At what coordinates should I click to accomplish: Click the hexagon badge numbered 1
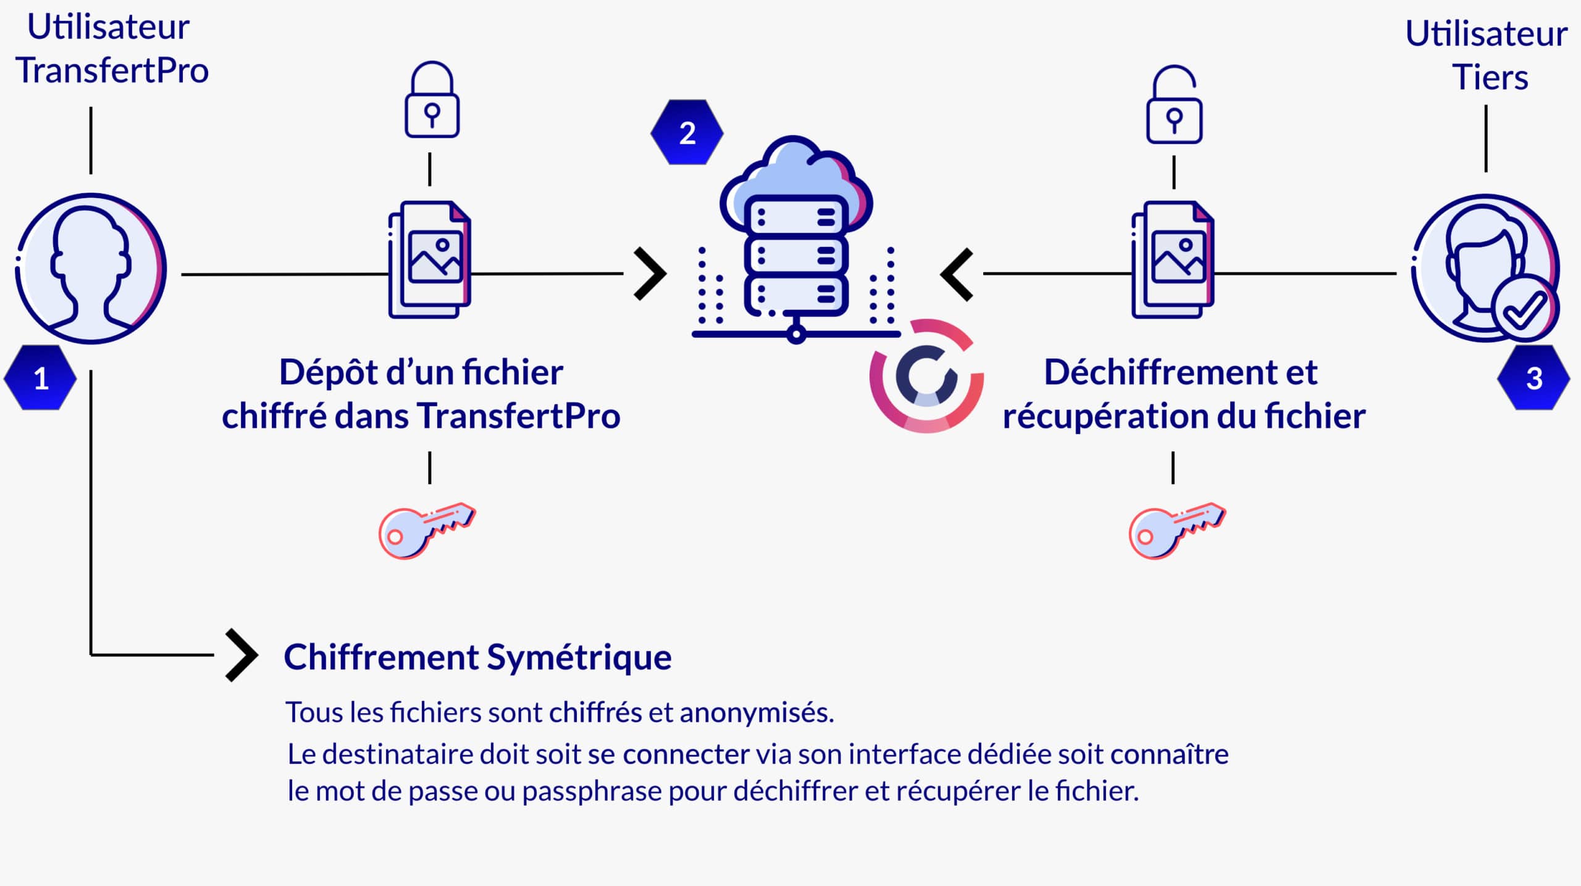(40, 378)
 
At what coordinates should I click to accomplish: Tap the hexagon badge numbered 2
(687, 132)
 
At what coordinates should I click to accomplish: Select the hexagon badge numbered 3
(1533, 378)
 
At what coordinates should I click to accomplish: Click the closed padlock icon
(432, 100)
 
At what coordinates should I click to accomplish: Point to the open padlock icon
(1174, 105)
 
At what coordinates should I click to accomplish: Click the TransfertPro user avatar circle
(91, 269)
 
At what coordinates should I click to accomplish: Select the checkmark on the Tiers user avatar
(1524, 309)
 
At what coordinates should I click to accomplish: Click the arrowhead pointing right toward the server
(650, 274)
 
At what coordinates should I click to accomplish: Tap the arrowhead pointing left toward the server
(957, 274)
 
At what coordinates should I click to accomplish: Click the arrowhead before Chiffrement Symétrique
(241, 655)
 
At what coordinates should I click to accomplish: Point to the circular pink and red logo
(926, 375)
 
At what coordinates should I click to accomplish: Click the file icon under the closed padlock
(430, 259)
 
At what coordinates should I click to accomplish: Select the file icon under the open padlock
(1173, 259)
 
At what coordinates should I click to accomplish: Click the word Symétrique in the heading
(579, 657)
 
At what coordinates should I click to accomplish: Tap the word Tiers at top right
(1490, 78)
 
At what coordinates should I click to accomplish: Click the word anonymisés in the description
(757, 713)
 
